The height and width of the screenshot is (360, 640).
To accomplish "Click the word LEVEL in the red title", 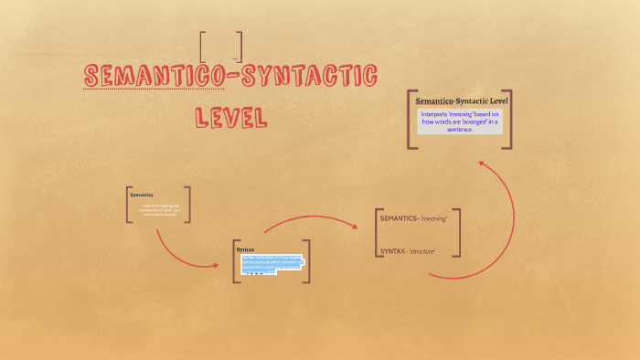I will tap(229, 117).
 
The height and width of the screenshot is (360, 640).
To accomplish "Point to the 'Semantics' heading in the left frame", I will tap(142, 195).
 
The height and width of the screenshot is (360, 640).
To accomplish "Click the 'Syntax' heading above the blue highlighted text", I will tap(246, 249).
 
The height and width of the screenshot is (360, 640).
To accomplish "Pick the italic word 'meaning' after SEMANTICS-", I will tap(435, 218).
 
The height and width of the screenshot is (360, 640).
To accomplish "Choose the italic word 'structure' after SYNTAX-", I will tap(421, 250).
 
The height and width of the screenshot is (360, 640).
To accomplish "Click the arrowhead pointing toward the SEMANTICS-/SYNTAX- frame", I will tap(355, 225).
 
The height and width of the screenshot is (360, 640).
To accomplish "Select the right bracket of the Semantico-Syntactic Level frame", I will tap(508, 119).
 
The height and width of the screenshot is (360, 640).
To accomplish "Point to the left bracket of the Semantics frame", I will tap(129, 205).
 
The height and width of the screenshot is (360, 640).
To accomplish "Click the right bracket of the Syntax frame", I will tap(308, 261).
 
